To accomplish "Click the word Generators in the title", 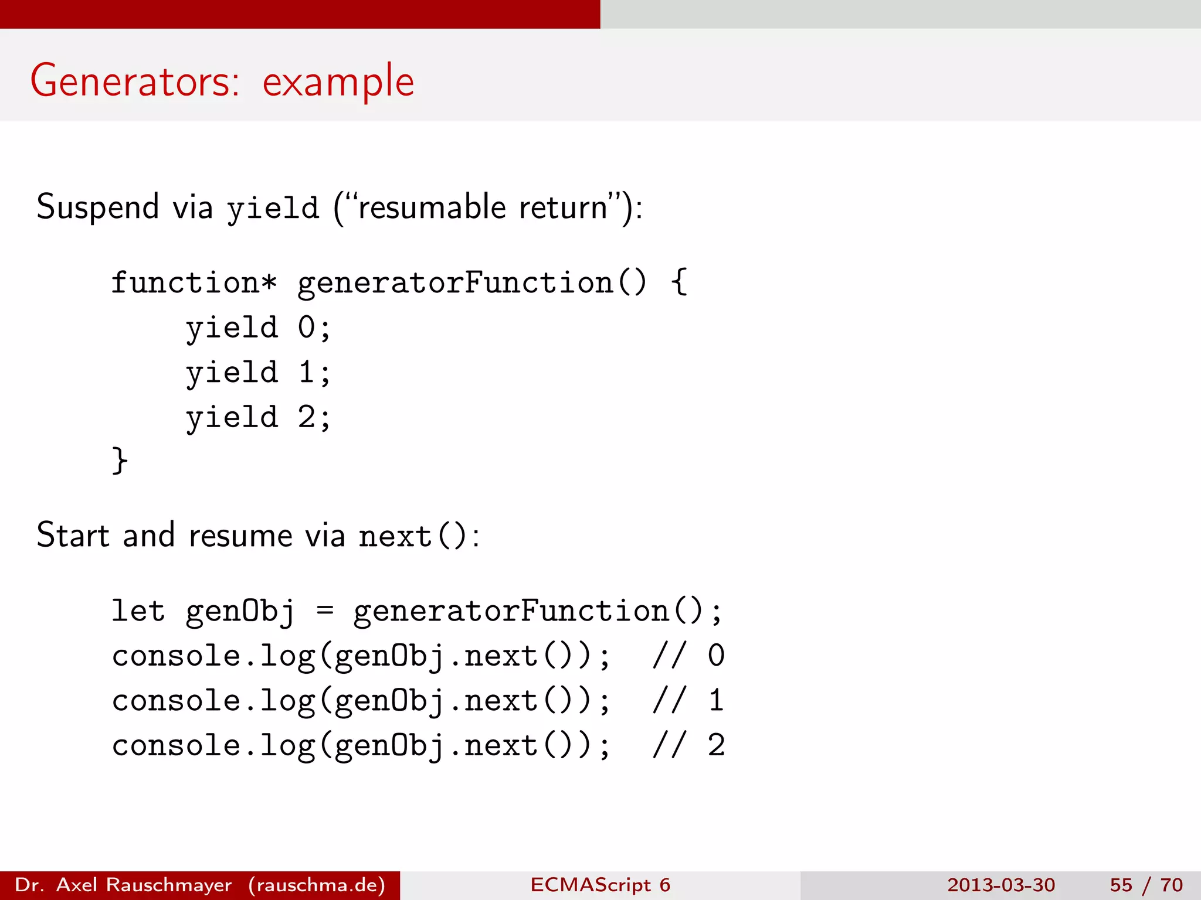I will tap(134, 81).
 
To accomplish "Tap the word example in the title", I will tap(338, 82).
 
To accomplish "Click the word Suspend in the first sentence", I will tap(97, 207).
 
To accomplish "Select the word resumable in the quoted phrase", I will tap(432, 207).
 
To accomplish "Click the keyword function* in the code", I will tap(194, 283).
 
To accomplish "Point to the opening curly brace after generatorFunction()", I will tap(679, 282).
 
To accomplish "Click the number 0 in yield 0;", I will tap(306, 328).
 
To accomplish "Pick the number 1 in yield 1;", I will tap(306, 373).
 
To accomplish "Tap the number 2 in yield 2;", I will tap(306, 418).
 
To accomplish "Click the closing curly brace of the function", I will tap(120, 461).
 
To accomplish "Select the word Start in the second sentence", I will tap(73, 536).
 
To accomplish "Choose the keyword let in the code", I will tap(138, 611).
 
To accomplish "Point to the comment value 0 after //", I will tap(716, 656).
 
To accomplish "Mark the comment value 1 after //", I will tap(716, 701).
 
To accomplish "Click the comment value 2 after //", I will tap(716, 746).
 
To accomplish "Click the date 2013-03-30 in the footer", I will tap(1000, 885).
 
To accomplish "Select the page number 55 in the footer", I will tap(1121, 885).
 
